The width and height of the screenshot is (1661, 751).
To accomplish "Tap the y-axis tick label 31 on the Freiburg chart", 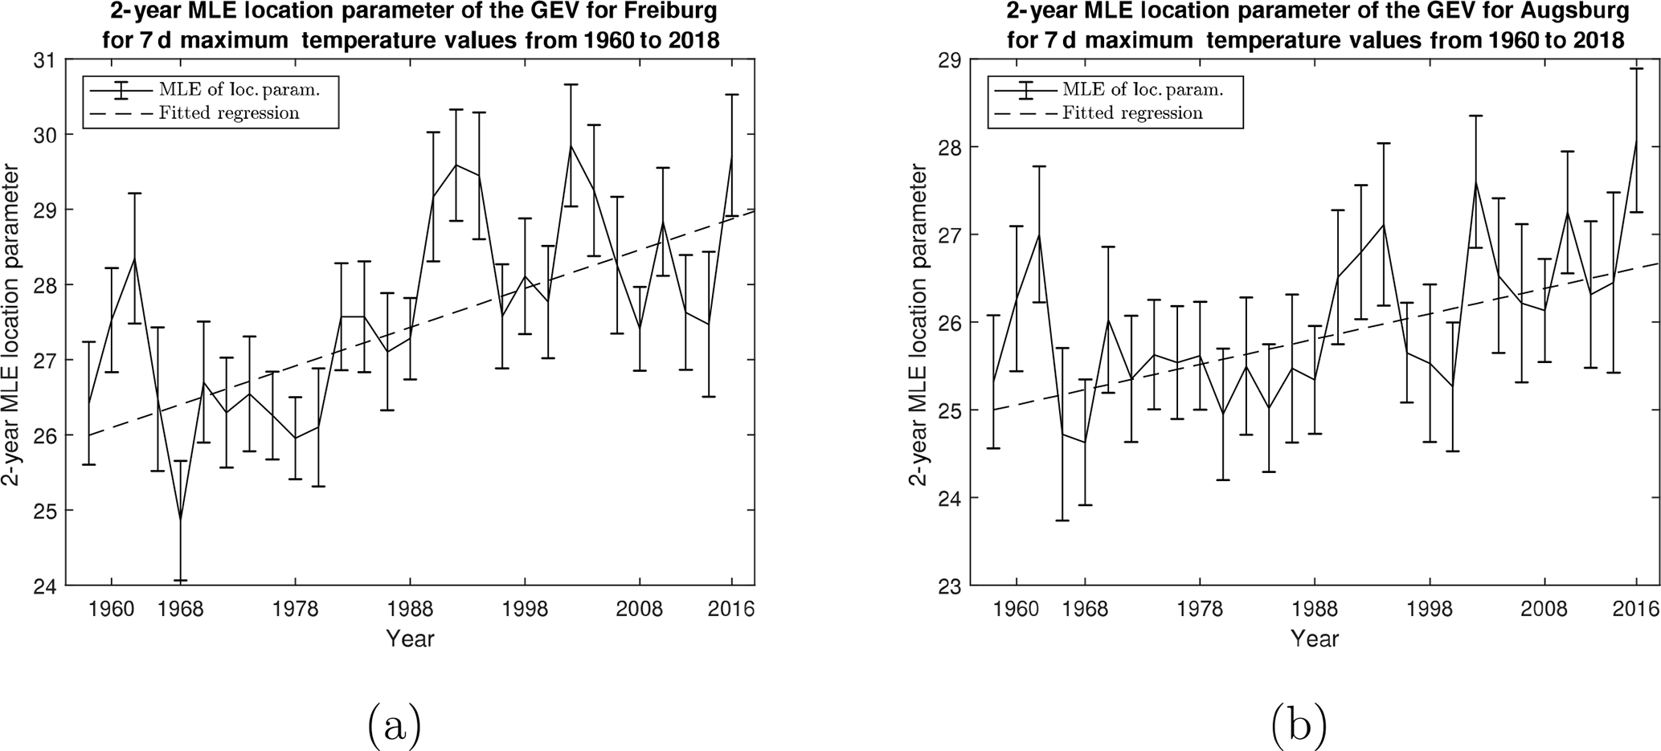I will click(x=46, y=60).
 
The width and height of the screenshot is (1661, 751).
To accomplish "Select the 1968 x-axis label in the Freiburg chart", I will click(x=181, y=609).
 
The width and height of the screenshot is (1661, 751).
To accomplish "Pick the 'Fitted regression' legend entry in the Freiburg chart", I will click(x=229, y=113).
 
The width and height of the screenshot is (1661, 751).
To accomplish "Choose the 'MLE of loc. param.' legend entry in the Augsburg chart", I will click(x=1142, y=89).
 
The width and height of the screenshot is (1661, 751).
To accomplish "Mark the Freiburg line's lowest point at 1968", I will click(x=181, y=520).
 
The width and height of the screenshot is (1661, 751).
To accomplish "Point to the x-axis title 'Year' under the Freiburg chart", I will click(x=410, y=639).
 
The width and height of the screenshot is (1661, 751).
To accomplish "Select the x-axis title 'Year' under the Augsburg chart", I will click(x=1315, y=639).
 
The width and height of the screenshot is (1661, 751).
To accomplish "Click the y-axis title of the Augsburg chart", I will click(x=918, y=325).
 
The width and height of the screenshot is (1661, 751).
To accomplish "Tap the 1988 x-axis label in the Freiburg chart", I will click(x=410, y=609).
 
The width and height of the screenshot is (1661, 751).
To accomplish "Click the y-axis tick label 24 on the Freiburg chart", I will click(x=46, y=586).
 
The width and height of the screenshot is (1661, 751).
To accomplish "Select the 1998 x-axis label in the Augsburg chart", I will click(x=1430, y=609).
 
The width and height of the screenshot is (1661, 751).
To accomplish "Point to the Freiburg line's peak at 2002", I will click(x=571, y=146).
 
